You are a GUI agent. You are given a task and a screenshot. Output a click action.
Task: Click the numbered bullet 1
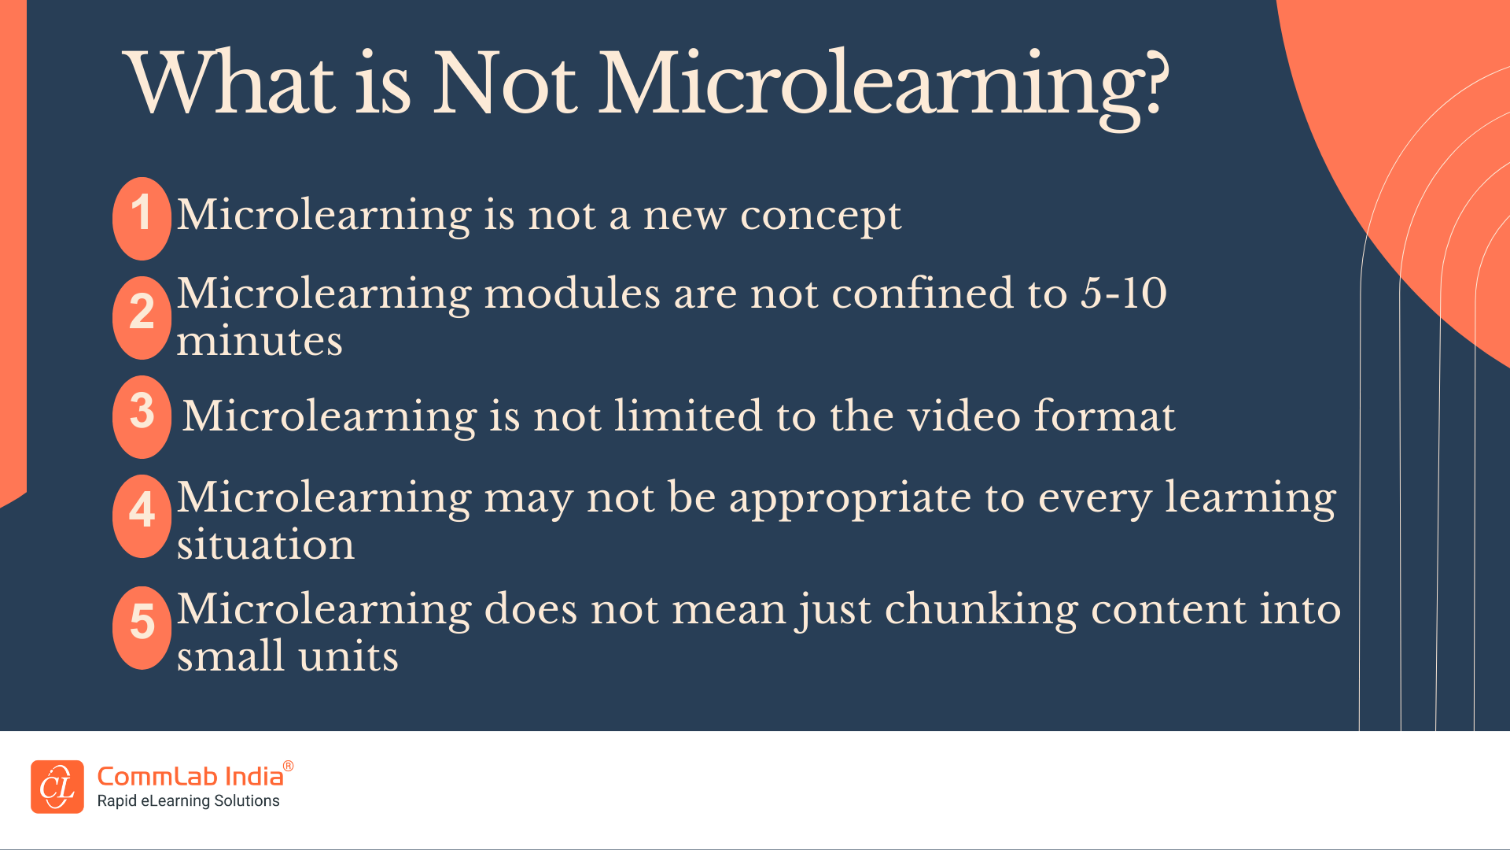click(x=142, y=218)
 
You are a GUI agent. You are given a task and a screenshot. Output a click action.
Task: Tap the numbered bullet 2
click(x=142, y=317)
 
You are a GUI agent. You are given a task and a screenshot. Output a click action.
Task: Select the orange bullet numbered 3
click(x=142, y=416)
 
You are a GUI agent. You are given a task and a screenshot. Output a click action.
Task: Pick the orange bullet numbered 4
click(x=142, y=516)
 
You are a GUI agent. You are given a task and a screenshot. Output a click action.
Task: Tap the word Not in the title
click(x=504, y=83)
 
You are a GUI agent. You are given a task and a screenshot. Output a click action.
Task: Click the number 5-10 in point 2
click(x=1123, y=294)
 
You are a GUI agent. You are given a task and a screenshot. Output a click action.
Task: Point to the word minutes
click(x=260, y=342)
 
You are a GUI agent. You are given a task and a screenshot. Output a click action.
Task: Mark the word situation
click(x=266, y=545)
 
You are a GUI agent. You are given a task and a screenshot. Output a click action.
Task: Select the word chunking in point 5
click(x=981, y=611)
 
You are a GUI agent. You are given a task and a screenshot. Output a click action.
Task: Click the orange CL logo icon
click(x=57, y=786)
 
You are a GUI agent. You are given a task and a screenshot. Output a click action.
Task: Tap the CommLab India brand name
click(x=190, y=777)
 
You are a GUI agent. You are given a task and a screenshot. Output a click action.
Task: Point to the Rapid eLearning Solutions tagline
click(x=188, y=801)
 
